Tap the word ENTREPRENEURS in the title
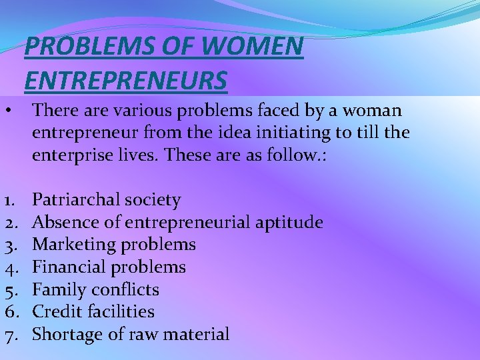125,80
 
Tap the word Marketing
74,245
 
